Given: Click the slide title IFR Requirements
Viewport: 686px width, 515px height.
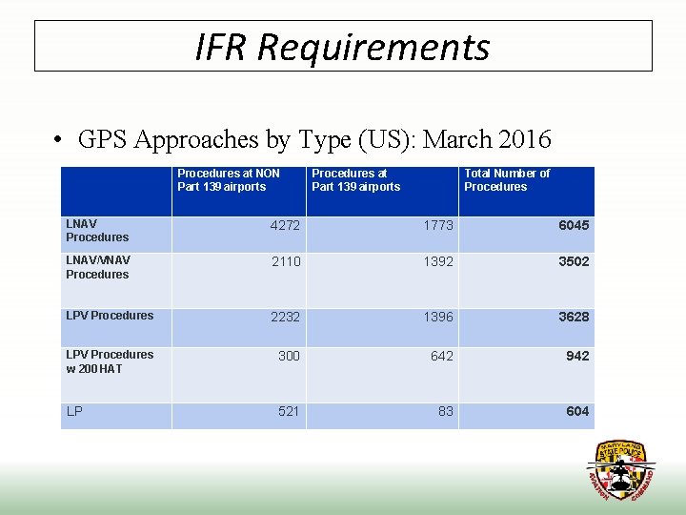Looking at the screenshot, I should (342, 46).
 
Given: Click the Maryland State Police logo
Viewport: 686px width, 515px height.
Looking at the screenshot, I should (620, 470).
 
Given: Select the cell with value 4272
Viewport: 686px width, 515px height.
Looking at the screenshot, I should (285, 226).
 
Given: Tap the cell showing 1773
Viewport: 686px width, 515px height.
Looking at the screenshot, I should (438, 226).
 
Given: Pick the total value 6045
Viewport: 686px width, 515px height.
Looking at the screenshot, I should (574, 226).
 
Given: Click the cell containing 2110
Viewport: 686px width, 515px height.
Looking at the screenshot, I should (285, 261).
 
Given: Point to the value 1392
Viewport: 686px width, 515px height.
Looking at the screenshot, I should (438, 261).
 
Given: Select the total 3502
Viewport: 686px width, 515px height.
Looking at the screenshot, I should (574, 261).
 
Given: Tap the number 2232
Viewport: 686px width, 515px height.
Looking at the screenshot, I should (285, 317).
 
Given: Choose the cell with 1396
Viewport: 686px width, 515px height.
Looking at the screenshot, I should (438, 317).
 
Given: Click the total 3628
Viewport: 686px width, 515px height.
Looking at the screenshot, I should (574, 317).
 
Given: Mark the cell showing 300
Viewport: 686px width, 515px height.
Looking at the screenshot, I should (289, 356).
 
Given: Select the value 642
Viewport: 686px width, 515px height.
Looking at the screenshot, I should (442, 356).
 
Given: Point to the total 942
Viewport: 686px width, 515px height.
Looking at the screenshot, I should (577, 356).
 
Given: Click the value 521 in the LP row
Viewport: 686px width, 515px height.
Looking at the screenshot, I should (289, 411).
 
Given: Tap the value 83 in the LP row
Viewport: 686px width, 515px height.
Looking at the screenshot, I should (446, 411).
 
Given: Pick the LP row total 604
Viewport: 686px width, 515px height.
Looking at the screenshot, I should (577, 411).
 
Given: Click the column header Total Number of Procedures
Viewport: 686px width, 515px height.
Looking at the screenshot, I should (507, 180).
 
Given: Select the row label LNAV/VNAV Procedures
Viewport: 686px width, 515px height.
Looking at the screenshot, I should (98, 267).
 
